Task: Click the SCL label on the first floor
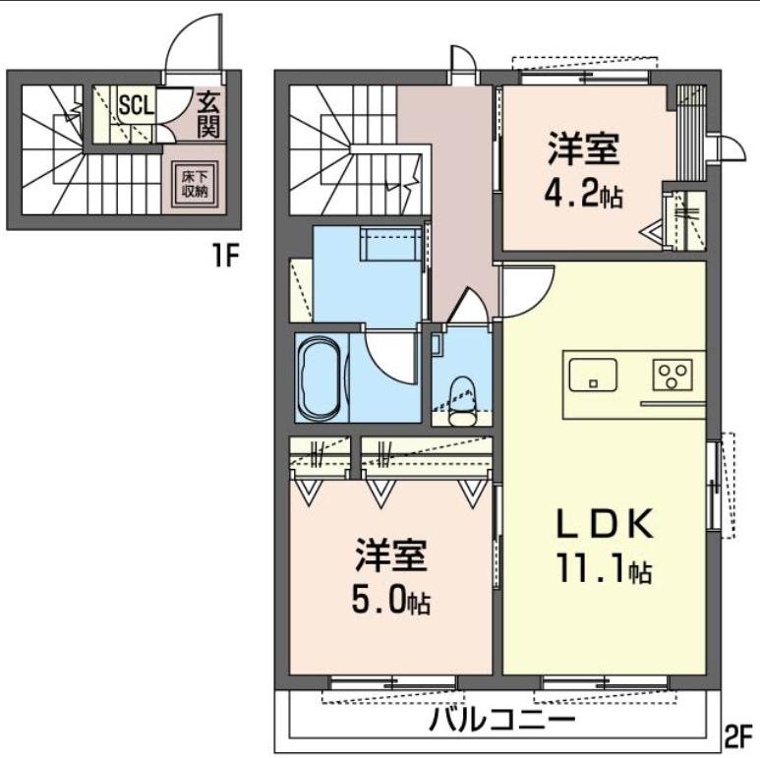point(136,104)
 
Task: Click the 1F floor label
point(225,258)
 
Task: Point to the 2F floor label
point(739,735)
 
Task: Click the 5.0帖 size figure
point(390,599)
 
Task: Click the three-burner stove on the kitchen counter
point(673,375)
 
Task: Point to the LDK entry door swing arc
point(526,288)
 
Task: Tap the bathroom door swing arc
point(388,359)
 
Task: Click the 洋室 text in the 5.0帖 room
point(390,556)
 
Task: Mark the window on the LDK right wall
point(716,484)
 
